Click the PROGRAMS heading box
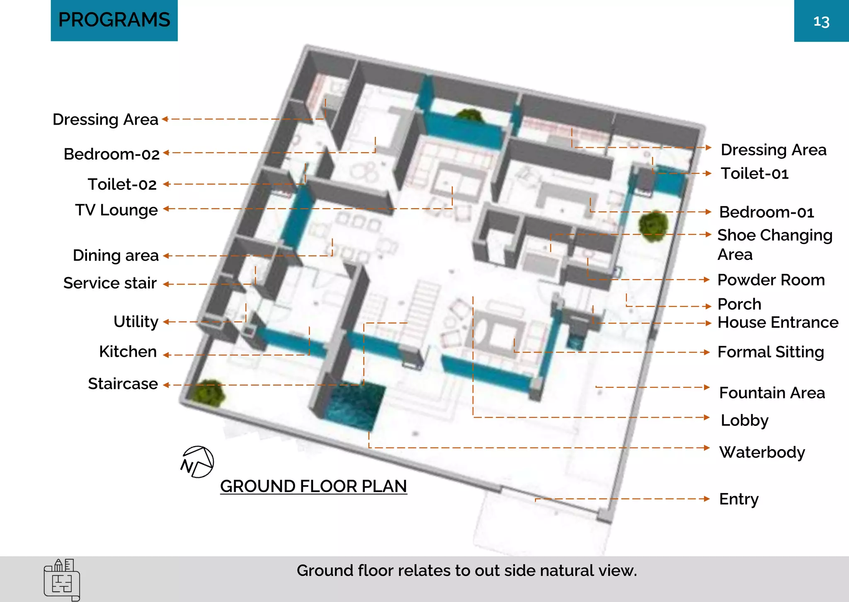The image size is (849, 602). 114,20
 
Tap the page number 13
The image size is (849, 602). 821,22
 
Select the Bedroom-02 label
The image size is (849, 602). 112,154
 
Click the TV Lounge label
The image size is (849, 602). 116,210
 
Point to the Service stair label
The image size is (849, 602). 110,283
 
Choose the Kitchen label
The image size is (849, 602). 128,352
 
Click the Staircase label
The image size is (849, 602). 123,384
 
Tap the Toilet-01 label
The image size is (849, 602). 754,174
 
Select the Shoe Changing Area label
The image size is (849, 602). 774,244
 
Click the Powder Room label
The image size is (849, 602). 771,280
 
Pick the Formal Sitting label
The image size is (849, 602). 771,352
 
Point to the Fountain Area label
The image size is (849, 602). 772,393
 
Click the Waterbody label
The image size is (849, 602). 762,452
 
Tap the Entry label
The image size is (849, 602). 739,499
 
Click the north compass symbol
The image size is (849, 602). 197,462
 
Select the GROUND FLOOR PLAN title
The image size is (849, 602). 313,486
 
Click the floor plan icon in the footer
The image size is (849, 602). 62,580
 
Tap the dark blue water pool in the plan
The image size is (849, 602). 354,406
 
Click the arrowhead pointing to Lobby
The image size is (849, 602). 707,417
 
